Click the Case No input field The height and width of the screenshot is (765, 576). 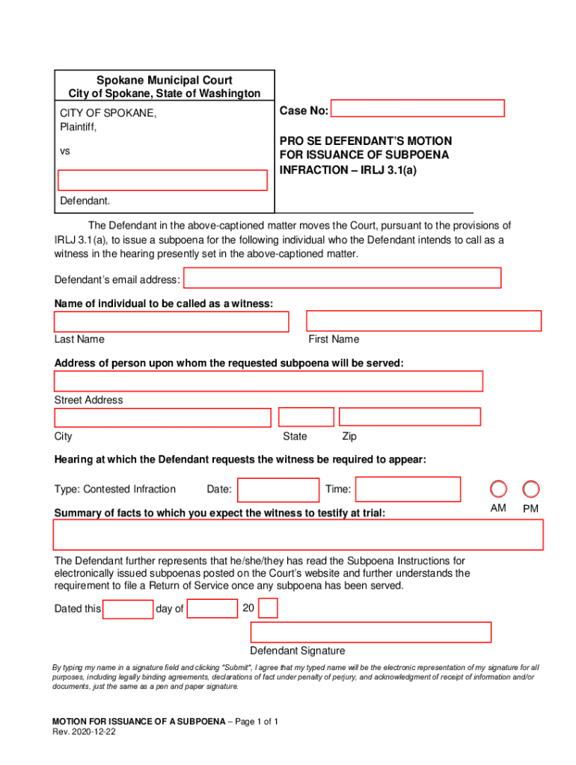tap(417, 109)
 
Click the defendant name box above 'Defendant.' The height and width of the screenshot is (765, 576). tap(163, 180)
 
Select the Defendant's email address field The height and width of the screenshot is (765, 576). tap(342, 279)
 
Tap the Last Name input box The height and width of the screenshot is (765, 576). tap(171, 322)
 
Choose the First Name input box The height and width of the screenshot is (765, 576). tap(423, 321)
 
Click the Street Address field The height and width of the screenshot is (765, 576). tap(268, 381)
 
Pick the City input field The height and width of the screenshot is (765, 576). tap(162, 418)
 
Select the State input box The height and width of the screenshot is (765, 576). tap(306, 418)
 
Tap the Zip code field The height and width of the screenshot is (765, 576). tap(410, 417)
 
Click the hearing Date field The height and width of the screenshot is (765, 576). tap(278, 490)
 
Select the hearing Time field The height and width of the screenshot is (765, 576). tap(408, 489)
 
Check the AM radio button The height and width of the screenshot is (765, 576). tap(498, 489)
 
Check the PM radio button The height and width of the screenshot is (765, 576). tap(531, 489)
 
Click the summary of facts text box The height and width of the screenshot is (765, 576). tap(298, 535)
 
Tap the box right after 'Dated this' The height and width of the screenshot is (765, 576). tap(128, 610)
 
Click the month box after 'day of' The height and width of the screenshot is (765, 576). tap(212, 609)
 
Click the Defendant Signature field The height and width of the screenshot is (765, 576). tap(371, 632)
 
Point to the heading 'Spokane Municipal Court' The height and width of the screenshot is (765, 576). tap(165, 80)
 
